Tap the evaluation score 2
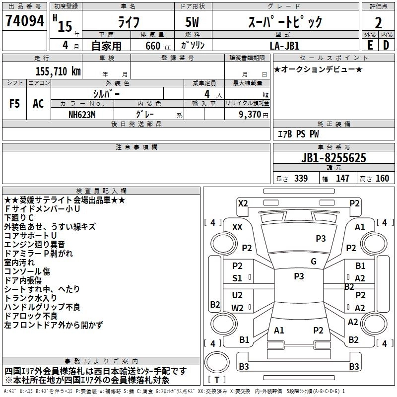coord(378,23)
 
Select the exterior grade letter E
coord(370,45)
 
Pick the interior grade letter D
coord(386,45)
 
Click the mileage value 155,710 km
coord(58,71)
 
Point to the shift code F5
coord(15,104)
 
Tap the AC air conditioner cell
coord(38,104)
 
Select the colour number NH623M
coord(83,114)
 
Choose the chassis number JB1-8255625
coord(333,158)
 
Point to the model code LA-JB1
coord(285,45)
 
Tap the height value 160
coord(382,179)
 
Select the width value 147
coord(342,179)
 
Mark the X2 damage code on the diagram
coord(243,203)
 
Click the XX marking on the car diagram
coord(237,227)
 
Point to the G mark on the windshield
coord(314,262)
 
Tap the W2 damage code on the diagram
coord(237,308)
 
